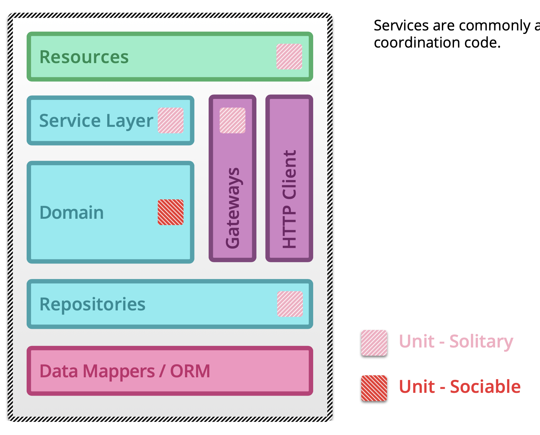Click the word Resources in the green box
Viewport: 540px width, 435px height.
(x=84, y=57)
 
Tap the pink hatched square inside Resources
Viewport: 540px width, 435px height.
(x=289, y=57)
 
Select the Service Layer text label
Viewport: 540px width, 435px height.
(x=96, y=121)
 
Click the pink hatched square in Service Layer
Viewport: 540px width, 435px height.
(x=171, y=120)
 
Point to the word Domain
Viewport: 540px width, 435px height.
(x=72, y=212)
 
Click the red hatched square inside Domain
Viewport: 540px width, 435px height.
(x=171, y=212)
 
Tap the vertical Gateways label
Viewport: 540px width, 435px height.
(x=233, y=208)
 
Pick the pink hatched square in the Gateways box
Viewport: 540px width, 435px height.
(x=233, y=120)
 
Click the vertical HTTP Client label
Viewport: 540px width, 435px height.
(x=289, y=199)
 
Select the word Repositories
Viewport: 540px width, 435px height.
(x=92, y=304)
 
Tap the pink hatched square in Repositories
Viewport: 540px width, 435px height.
(x=290, y=304)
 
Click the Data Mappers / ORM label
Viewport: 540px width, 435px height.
(x=125, y=371)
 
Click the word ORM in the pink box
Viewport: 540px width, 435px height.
(x=190, y=371)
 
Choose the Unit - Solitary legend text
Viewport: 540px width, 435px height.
(x=456, y=342)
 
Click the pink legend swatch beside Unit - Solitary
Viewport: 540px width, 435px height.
(x=374, y=343)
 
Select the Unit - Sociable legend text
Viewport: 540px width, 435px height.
(x=459, y=387)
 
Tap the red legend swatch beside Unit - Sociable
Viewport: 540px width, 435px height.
(x=374, y=388)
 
